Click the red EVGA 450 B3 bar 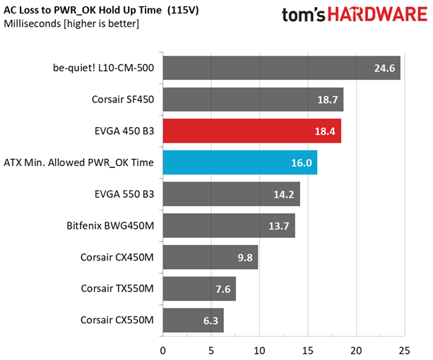pyautogui.click(x=252, y=131)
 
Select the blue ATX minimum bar pyautogui.click(x=240, y=162)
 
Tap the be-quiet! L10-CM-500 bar pyautogui.click(x=281, y=68)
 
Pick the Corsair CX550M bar pyautogui.click(x=193, y=320)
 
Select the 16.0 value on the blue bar pyautogui.click(x=303, y=162)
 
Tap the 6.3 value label pyautogui.click(x=210, y=320)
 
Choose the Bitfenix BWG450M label pyautogui.click(x=109, y=226)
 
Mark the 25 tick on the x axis pyautogui.click(x=405, y=349)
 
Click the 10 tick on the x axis pyautogui.click(x=259, y=349)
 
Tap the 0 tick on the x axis pyautogui.click(x=163, y=349)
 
